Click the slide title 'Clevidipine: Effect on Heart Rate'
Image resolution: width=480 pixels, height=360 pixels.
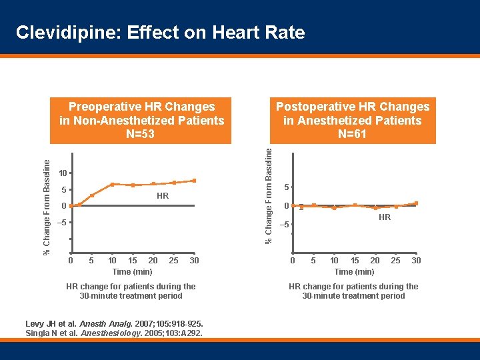coord(160,33)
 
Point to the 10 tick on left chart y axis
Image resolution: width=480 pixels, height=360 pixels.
coord(62,173)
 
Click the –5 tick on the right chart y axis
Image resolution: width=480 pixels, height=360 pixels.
coord(283,225)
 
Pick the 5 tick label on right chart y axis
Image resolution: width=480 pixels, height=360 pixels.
coord(285,187)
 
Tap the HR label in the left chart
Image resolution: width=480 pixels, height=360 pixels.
coord(162,196)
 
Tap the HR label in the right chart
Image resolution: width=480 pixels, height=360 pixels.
coord(384,217)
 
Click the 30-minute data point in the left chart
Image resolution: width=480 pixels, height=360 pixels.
coord(194,181)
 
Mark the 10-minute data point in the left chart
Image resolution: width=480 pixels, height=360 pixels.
coord(112,184)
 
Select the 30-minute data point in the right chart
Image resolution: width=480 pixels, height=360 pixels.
coord(416,203)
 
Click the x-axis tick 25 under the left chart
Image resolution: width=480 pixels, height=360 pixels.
coord(173,260)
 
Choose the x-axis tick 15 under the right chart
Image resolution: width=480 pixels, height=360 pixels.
coord(355,260)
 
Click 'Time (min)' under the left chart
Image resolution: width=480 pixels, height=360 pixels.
coord(132,271)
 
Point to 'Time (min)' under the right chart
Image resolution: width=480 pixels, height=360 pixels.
coord(354,271)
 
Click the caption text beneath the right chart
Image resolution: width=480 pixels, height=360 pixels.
coord(353,291)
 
